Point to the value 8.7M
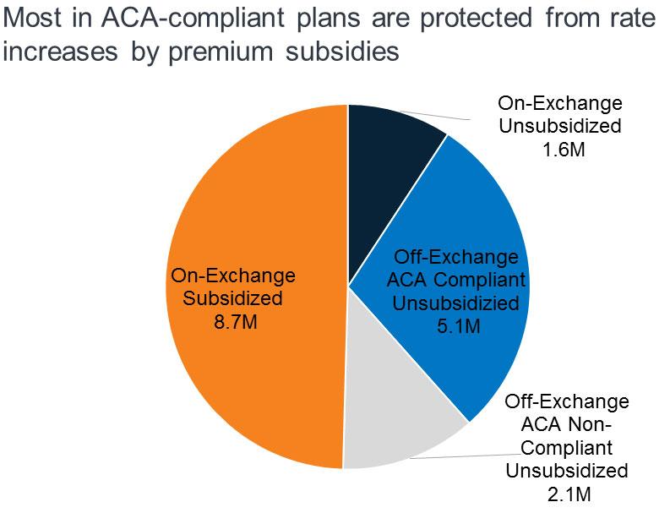(x=236, y=321)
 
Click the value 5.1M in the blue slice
(x=459, y=326)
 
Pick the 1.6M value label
(x=564, y=150)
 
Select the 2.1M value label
(x=569, y=494)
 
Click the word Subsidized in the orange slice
(x=232, y=298)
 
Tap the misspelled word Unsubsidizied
(x=455, y=303)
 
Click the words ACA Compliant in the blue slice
(x=455, y=280)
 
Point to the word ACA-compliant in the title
(x=193, y=18)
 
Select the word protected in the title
(x=476, y=18)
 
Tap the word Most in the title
(x=32, y=18)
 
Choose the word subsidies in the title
(x=342, y=52)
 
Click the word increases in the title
(x=60, y=52)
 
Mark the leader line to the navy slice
(x=433, y=115)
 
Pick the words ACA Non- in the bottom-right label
(x=566, y=424)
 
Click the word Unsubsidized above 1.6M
(x=560, y=126)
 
